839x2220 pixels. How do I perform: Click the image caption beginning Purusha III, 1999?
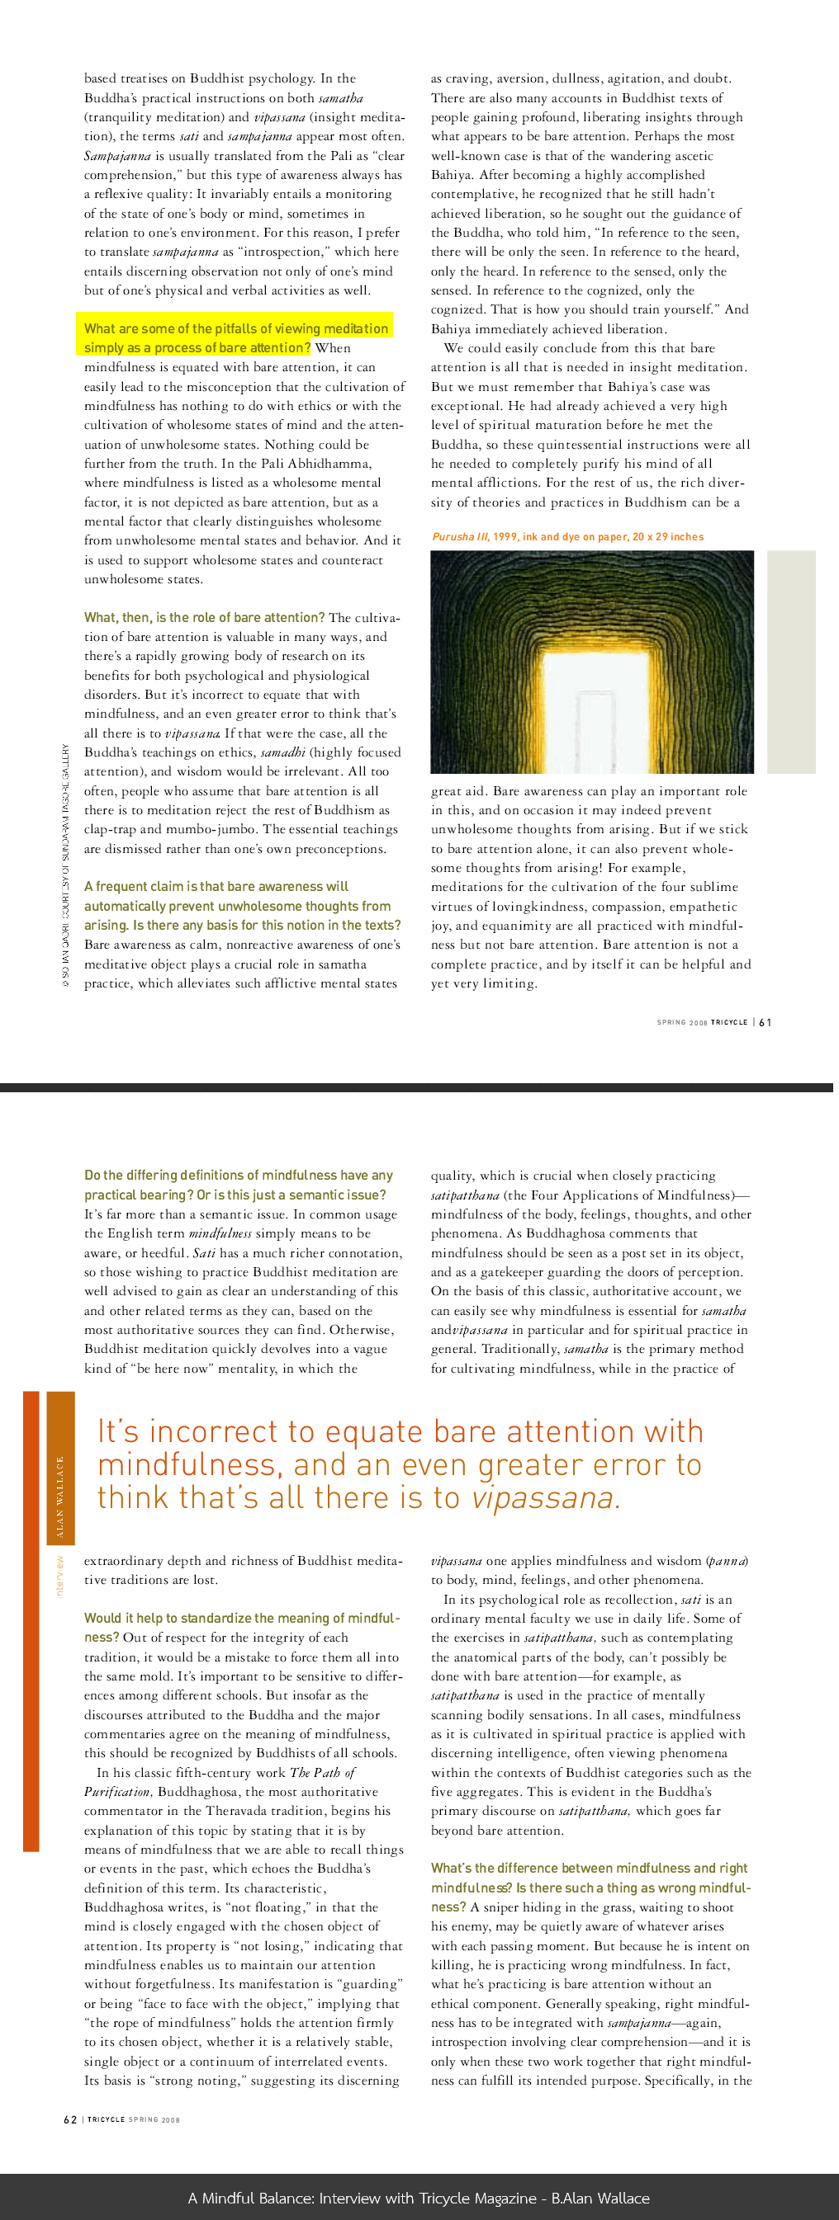tap(567, 537)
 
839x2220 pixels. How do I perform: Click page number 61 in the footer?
tap(766, 1022)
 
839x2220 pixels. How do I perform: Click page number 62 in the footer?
tap(70, 2119)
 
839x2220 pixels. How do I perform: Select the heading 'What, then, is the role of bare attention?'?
tap(204, 617)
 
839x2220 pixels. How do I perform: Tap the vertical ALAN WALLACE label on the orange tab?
tap(60, 1496)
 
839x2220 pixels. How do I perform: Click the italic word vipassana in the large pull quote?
tap(543, 1498)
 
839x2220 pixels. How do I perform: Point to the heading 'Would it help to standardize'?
tap(241, 1618)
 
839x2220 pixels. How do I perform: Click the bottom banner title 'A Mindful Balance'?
tap(419, 2198)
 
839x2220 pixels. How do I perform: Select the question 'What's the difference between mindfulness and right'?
tap(590, 1868)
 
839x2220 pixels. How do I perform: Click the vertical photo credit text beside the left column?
tap(65, 866)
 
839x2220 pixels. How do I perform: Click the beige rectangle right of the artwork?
tap(791, 661)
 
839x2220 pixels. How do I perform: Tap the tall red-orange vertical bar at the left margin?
tap(31, 1620)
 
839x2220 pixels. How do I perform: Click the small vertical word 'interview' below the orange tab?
tap(60, 1577)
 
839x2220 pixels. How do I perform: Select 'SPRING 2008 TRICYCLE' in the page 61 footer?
tap(702, 1022)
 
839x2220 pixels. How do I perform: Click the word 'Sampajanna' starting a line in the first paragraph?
tap(117, 156)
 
